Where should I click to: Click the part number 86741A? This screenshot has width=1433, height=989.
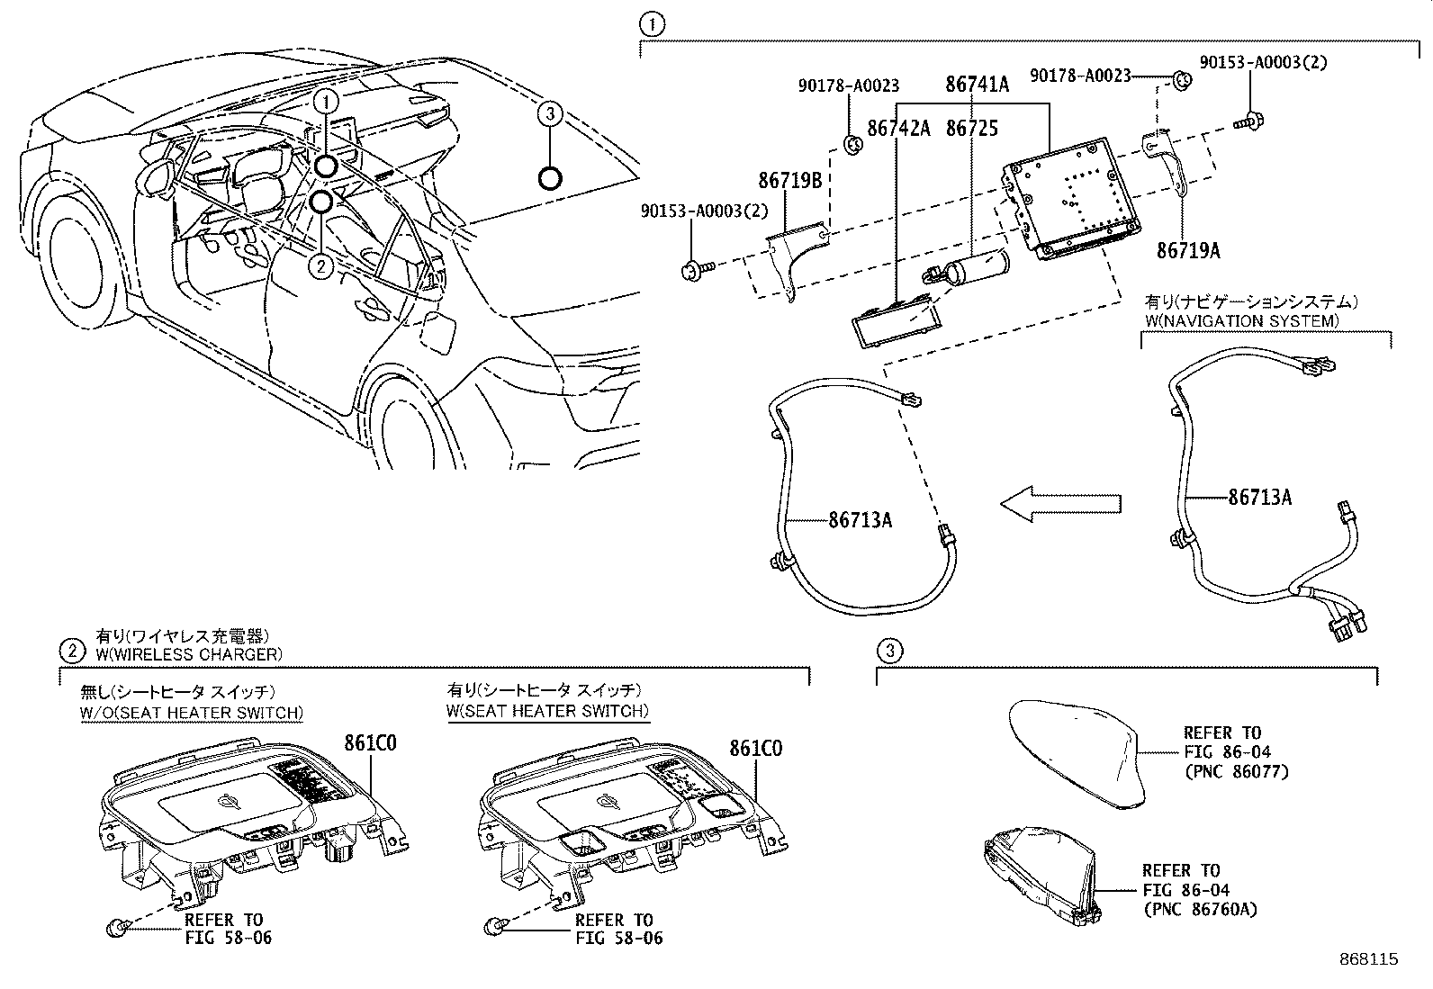977,85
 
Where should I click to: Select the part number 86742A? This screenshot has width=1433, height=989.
897,129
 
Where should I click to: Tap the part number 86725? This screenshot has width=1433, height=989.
972,129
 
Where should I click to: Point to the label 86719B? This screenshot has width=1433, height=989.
789,181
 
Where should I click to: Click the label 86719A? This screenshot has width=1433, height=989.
1188,251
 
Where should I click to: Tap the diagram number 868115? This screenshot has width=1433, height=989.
1367,959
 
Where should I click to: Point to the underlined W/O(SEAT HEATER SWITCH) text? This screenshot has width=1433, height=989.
192,713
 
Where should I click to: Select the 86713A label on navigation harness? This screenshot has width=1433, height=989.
1260,497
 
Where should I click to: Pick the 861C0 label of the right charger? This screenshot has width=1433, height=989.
755,748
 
